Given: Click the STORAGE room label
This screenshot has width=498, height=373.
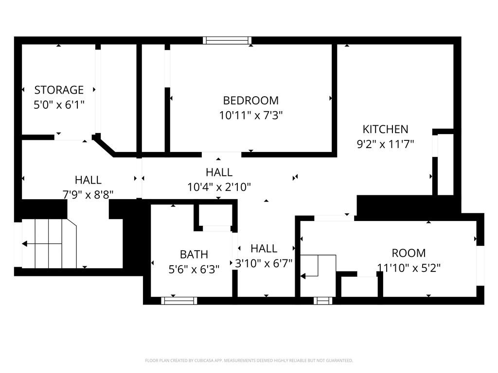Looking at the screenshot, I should tap(59, 90).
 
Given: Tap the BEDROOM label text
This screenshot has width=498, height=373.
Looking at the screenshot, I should tap(250, 101).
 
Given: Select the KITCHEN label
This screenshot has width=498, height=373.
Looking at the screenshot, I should tap(385, 129).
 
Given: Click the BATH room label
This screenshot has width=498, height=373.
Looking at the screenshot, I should tap(194, 254).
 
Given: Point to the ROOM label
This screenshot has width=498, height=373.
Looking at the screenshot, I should tap(409, 253).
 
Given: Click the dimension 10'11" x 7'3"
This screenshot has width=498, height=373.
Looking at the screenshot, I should tap(250, 116).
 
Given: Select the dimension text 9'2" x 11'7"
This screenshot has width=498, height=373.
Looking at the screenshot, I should tap(385, 144).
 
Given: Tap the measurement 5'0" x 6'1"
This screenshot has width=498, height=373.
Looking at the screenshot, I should tap(59, 105).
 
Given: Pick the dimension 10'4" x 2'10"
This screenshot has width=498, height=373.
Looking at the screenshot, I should tap(219, 187).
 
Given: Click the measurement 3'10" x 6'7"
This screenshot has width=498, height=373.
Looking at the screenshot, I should tap(264, 264).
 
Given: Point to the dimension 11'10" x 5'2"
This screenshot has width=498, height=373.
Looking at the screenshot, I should tap(409, 268).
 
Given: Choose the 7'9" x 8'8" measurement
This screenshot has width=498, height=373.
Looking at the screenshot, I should tap(88, 194).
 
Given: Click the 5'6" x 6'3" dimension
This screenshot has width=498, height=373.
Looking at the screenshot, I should tap(194, 270).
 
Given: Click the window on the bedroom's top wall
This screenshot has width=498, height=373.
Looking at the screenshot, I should tap(227, 40).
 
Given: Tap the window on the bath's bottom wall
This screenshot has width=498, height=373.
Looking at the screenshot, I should tap(179, 301).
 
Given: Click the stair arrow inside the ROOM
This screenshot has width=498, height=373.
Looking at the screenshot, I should tap(304, 276).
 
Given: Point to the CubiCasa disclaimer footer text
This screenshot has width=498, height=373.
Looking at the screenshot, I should tap(249, 360).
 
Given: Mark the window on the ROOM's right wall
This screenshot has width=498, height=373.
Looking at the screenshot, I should tap(480, 265).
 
